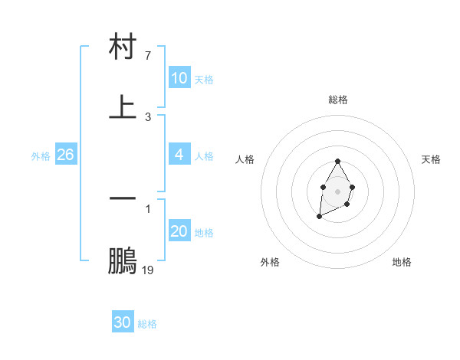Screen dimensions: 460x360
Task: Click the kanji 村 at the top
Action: [123, 47]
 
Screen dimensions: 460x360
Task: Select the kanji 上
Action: [123, 106]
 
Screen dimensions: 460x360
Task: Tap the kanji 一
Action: [123, 198]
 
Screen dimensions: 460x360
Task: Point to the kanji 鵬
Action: [123, 260]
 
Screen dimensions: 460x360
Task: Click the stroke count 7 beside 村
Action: [147, 56]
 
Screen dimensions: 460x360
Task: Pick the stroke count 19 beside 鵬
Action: [148, 270]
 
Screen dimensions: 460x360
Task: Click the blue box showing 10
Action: [179, 78]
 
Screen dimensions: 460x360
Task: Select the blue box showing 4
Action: [179, 155]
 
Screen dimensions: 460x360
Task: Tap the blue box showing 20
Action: [179, 231]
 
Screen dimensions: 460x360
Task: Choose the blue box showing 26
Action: [65, 155]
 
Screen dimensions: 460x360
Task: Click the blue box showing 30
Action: [123, 322]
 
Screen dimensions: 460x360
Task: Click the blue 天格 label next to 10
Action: [204, 80]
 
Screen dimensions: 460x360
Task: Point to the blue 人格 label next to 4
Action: [204, 156]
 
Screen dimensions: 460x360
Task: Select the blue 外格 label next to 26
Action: [41, 156]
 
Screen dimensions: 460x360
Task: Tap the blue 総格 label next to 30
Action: [147, 324]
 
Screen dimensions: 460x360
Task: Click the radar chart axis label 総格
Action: [338, 100]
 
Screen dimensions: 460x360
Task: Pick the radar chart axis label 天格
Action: [431, 159]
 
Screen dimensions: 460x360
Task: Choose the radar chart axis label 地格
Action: [402, 262]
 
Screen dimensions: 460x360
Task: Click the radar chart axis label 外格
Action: [270, 262]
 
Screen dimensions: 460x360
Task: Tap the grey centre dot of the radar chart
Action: [337, 191]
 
